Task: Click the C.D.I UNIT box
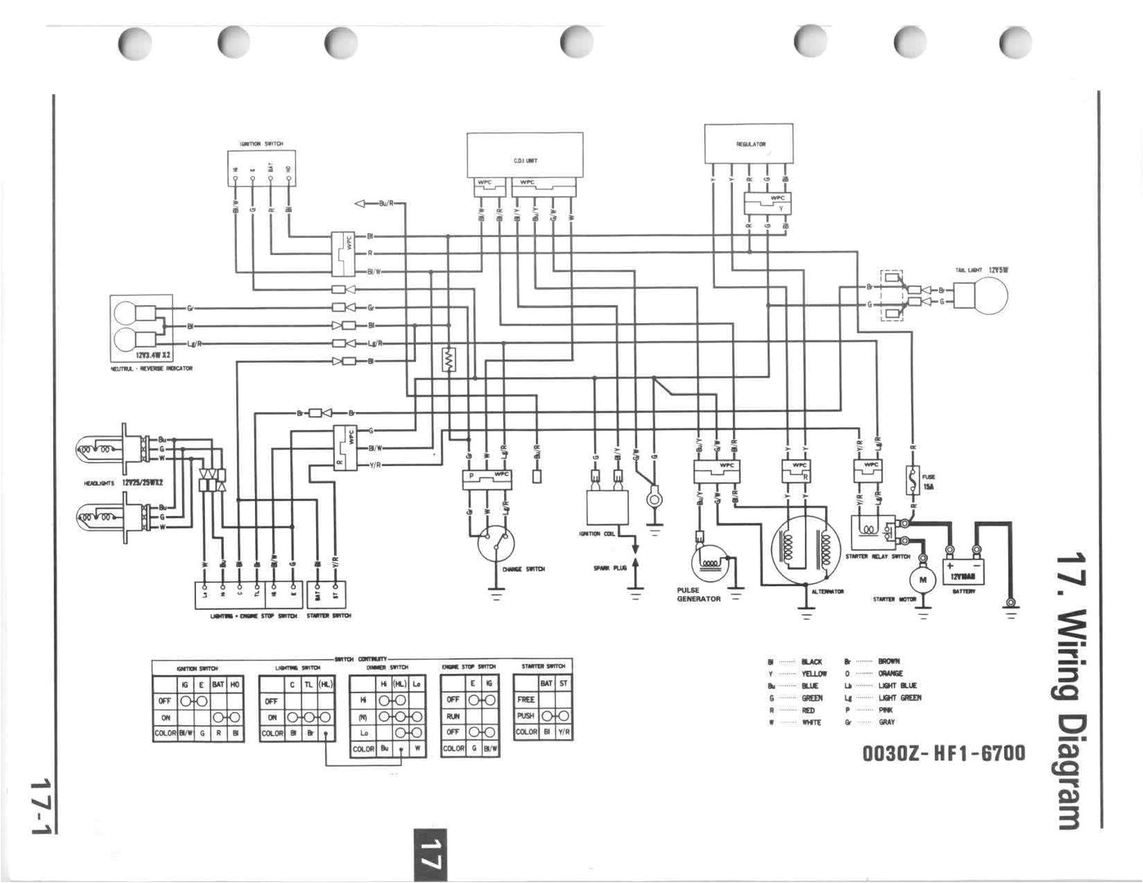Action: [525, 156]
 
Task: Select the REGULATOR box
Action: [748, 144]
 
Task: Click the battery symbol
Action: [964, 569]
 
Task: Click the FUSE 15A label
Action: [928, 482]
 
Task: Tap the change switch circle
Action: [496, 542]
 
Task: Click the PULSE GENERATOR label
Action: [699, 594]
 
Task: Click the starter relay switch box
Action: [873, 532]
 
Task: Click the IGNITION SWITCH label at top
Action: [261, 144]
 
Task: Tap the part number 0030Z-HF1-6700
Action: [944, 752]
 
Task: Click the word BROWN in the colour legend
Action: [889, 661]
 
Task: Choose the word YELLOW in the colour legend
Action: [814, 674]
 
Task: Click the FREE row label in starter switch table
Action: [525, 700]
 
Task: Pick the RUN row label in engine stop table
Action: [453, 716]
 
